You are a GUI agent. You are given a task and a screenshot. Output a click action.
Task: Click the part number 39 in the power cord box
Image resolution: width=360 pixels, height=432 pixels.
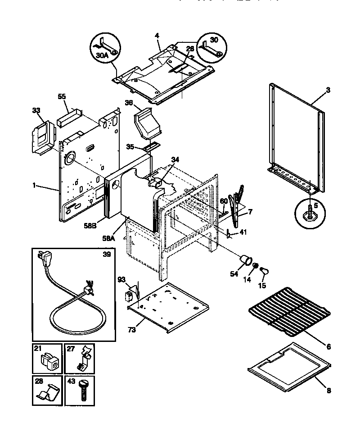pos(106,254)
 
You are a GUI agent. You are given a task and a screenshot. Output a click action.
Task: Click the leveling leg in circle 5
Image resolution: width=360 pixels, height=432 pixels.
pos(310,213)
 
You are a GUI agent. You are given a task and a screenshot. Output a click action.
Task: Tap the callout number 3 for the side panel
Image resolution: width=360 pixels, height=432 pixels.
pos(328,90)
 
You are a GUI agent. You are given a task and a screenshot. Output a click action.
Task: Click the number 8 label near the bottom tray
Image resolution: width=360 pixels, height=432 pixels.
pos(328,391)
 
